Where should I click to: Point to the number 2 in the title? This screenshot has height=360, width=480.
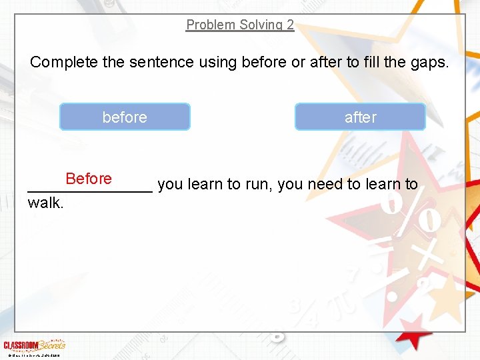coord(290,25)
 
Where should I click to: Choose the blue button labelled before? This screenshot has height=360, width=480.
coord(125,117)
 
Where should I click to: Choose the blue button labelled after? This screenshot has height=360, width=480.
coord(360,117)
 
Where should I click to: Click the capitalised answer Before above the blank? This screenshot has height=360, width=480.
coord(89,179)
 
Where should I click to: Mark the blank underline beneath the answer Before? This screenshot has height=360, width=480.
coord(90,191)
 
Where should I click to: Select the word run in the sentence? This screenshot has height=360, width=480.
coord(259,185)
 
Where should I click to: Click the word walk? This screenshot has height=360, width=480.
coord(45,203)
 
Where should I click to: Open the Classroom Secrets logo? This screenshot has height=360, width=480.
coord(34,345)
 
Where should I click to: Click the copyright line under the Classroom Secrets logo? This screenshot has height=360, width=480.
coord(32,355)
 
